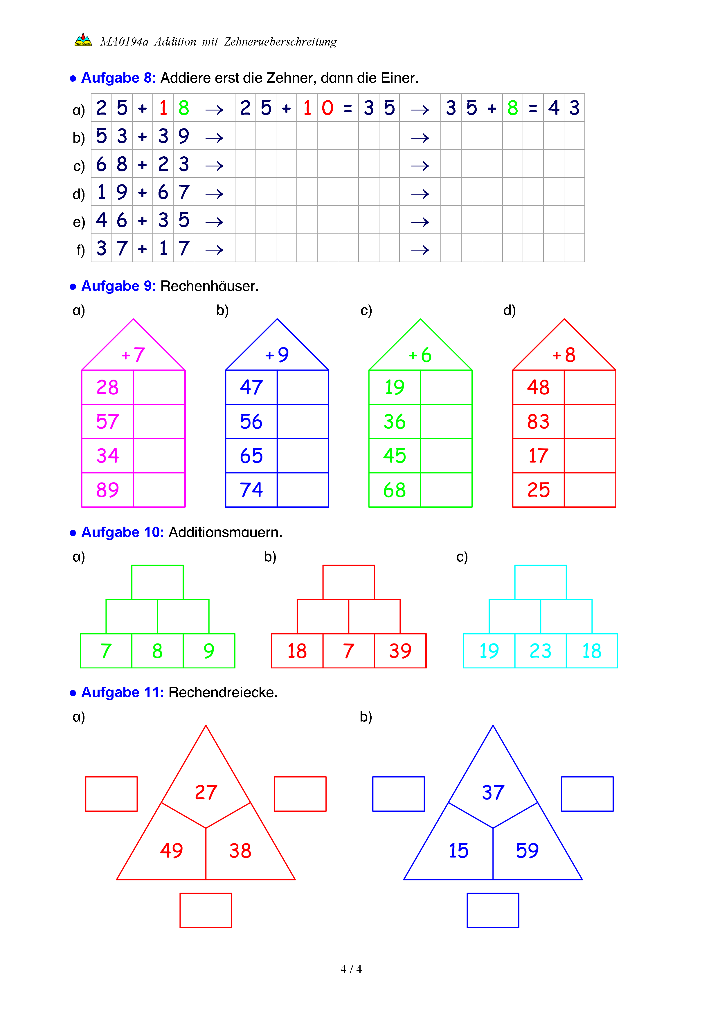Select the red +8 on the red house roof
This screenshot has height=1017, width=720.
coord(564,355)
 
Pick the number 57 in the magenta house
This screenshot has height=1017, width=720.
coord(107,421)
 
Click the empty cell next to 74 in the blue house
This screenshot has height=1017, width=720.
coord(303,490)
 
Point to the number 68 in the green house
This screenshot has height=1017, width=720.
coord(394,490)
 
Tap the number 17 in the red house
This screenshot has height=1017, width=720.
coord(538,456)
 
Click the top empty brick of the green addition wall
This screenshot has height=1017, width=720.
coord(157,582)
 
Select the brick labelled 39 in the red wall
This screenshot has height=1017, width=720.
coord(400,651)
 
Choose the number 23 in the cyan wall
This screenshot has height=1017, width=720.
coord(541,651)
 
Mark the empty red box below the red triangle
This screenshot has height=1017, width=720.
coord(206,910)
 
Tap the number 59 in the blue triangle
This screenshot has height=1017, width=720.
coord(527,851)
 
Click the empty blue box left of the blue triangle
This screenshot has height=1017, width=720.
coord(398,794)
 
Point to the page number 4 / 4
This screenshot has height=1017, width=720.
coord(351,969)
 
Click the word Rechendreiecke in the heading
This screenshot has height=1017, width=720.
coord(223,692)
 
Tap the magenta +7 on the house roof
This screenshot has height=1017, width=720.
coord(133,355)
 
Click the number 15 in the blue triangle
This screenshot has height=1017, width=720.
coord(458,851)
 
